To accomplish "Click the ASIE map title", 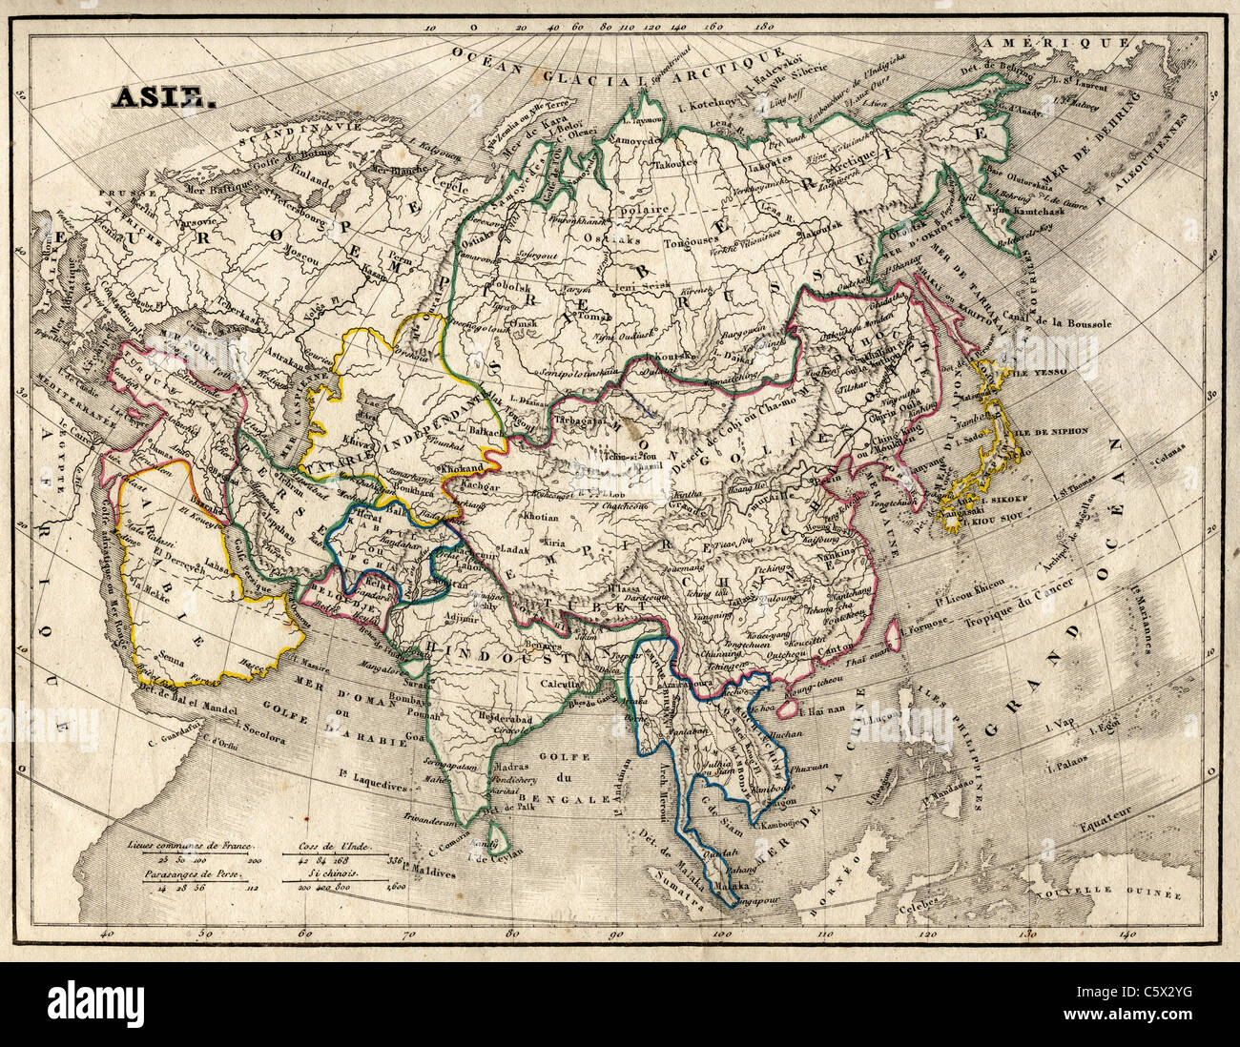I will point(158,97).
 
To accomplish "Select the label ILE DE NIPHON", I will point(1050,431).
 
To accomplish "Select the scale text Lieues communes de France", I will point(190,846).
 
